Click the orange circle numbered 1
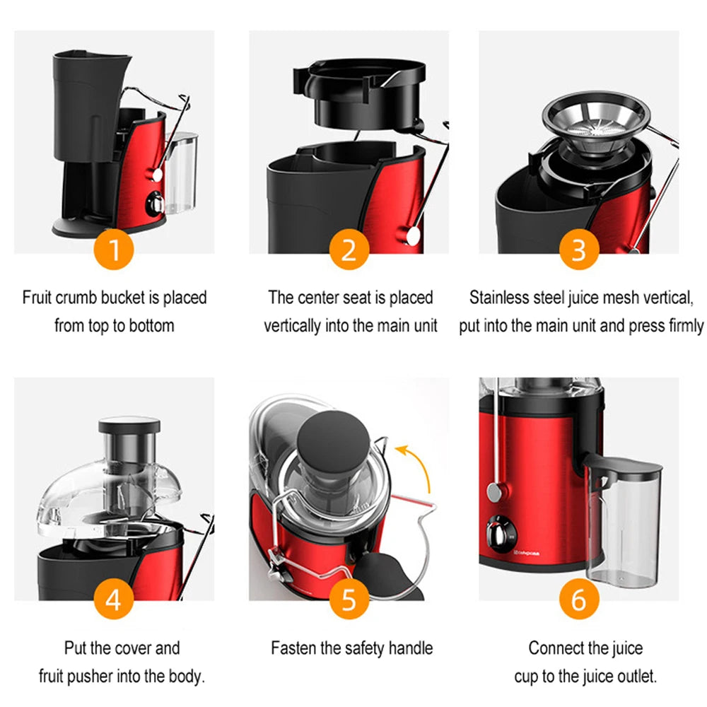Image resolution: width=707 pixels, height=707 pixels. (115, 250)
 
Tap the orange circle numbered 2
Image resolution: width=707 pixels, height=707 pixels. (349, 250)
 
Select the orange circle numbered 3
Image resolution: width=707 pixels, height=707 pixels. (579, 250)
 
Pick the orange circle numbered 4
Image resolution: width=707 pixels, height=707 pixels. (115, 600)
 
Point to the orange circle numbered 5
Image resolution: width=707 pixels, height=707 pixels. (349, 600)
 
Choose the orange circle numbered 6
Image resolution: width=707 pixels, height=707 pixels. (579, 600)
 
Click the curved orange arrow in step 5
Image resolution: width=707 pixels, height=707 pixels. (417, 467)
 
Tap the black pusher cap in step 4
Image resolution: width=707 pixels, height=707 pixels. (129, 425)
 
